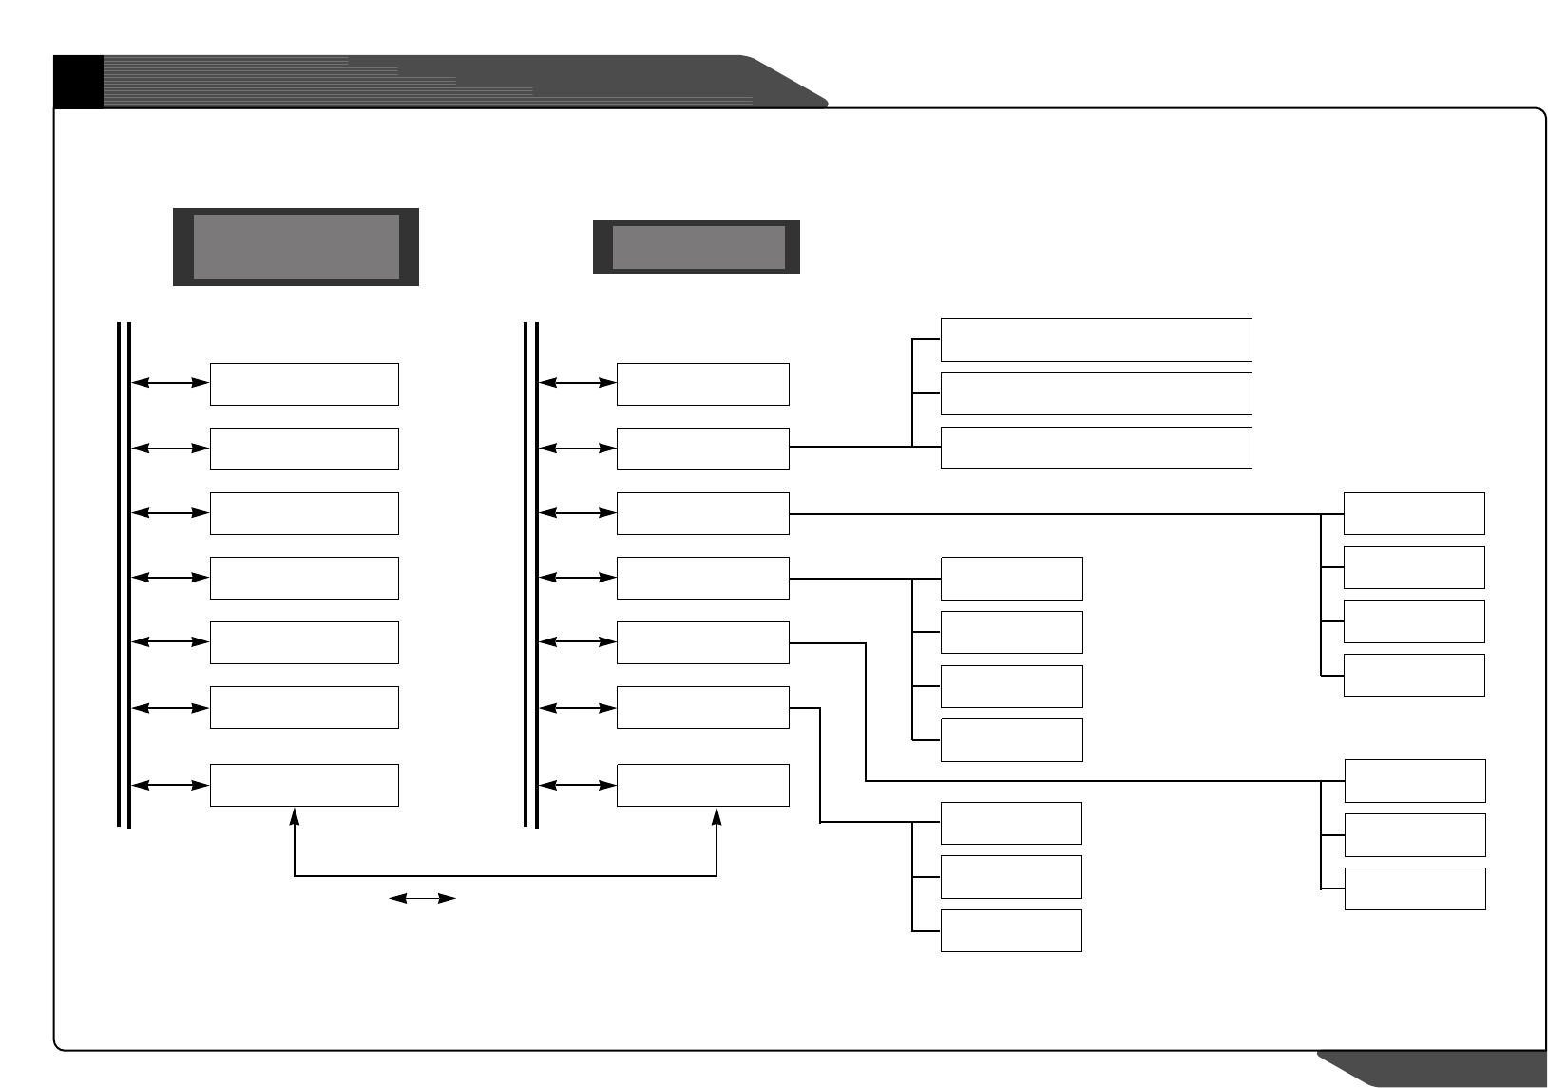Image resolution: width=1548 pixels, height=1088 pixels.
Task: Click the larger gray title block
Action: pyautogui.click(x=296, y=247)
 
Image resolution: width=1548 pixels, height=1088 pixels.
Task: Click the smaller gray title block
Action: pyautogui.click(x=698, y=247)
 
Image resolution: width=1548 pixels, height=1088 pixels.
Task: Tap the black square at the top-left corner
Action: pyautogui.click(x=77, y=81)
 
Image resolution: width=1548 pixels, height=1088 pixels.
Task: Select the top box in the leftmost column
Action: pyautogui.click(x=304, y=384)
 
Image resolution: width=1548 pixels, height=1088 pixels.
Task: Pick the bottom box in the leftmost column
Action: pyautogui.click(x=304, y=785)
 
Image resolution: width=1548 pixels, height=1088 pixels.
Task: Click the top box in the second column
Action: pyautogui.click(x=702, y=384)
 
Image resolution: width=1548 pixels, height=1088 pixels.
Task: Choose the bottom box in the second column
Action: pyautogui.click(x=702, y=785)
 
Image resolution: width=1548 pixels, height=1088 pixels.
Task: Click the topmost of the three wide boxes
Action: pyautogui.click(x=1096, y=340)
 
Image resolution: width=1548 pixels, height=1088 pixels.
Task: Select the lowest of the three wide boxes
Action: pyautogui.click(x=1096, y=448)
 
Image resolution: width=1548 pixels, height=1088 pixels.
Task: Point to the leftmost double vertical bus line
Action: pyautogui.click(x=124, y=575)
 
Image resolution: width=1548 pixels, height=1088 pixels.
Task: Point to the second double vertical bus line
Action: pyautogui.click(x=531, y=575)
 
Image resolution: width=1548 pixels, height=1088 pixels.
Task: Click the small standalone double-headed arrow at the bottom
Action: pyautogui.click(x=423, y=898)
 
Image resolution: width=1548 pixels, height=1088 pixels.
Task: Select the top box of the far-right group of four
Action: pyautogui.click(x=1414, y=513)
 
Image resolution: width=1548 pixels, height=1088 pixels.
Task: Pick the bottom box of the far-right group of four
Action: pyautogui.click(x=1414, y=675)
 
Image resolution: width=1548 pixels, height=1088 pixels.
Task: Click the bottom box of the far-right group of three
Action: pyautogui.click(x=1415, y=888)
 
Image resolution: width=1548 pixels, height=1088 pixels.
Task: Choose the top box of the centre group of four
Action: pyautogui.click(x=1011, y=579)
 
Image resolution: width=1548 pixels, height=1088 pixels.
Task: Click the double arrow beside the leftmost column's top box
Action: pyautogui.click(x=170, y=383)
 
